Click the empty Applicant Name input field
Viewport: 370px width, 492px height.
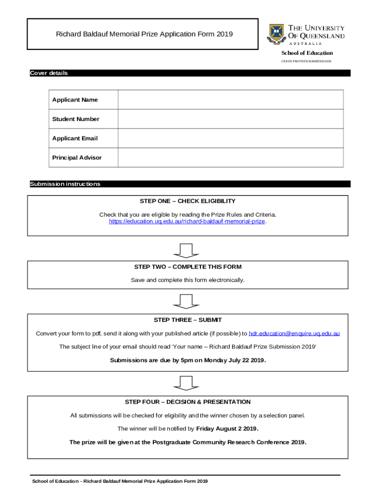point(230,100)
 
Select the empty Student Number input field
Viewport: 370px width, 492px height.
point(230,119)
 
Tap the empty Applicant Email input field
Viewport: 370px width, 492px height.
point(230,138)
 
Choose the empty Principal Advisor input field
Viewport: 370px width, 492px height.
point(230,158)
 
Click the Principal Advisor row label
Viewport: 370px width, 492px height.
point(77,158)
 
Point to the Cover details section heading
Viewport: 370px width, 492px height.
point(49,73)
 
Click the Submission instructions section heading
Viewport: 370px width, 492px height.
point(65,184)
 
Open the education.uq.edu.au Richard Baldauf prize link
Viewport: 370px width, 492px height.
point(187,221)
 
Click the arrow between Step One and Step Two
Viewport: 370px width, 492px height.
point(185,250)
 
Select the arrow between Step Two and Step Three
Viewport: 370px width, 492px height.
point(185,301)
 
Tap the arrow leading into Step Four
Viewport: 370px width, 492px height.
point(185,383)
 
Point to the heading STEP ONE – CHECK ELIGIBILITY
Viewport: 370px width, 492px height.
point(187,201)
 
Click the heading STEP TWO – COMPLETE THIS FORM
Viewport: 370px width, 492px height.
point(187,267)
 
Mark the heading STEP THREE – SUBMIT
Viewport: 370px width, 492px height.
point(187,320)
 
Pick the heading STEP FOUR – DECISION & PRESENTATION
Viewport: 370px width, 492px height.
point(187,402)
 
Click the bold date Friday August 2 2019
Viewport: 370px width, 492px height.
point(227,428)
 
